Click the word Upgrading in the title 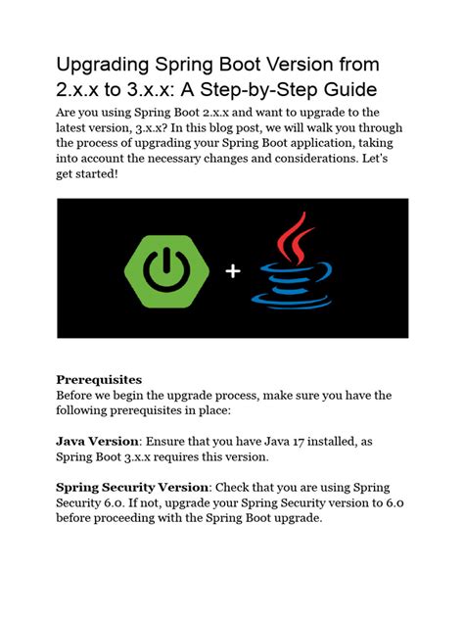pyautogui.click(x=103, y=66)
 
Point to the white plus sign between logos pyautogui.click(x=232, y=271)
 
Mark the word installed pyautogui.click(x=328, y=442)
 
